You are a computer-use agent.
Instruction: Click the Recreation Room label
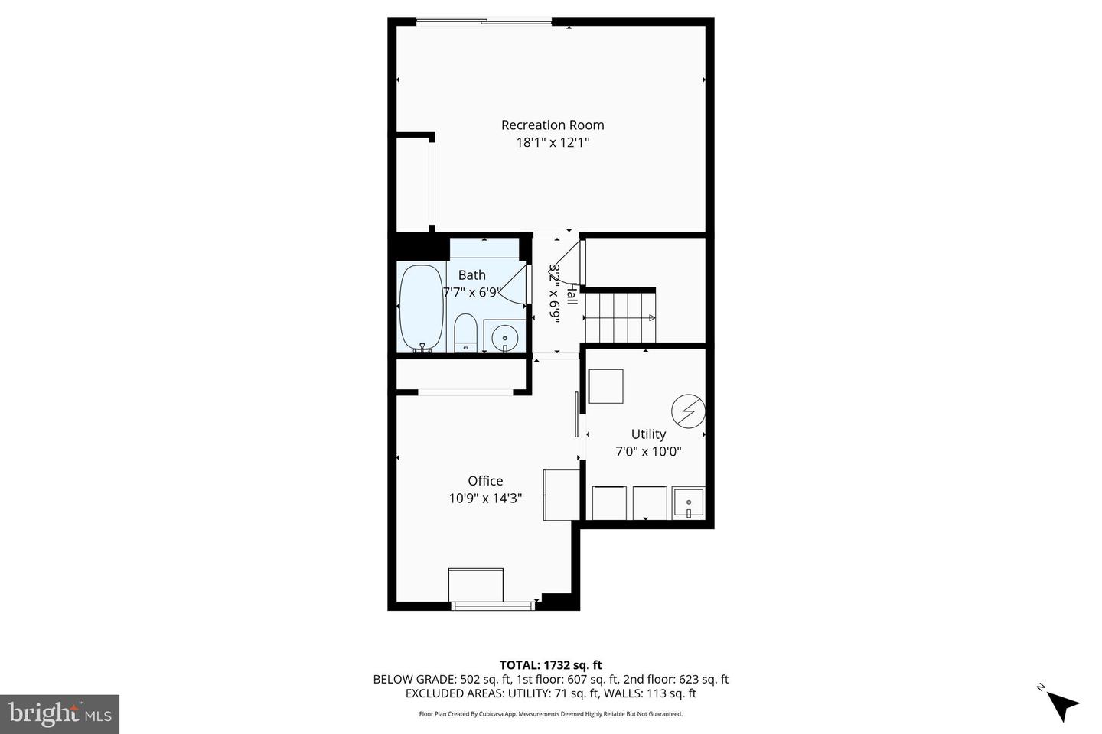552,125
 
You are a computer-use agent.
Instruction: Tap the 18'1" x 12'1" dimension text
552,143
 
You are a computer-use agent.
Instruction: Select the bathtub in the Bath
421,307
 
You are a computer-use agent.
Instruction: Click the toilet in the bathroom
465,334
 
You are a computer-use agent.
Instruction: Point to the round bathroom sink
504,337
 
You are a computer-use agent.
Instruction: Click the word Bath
471,274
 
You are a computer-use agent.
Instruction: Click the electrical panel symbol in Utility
687,411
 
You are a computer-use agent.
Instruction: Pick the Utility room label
648,434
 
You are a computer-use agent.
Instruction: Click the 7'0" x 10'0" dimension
648,451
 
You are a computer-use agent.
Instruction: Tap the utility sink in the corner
688,503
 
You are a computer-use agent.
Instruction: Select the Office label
485,480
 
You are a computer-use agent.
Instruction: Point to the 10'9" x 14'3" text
485,499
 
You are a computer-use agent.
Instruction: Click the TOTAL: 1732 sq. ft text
550,665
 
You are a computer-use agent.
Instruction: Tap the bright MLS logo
60,714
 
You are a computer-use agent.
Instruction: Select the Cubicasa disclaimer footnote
550,714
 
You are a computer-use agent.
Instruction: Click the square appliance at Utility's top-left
605,386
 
